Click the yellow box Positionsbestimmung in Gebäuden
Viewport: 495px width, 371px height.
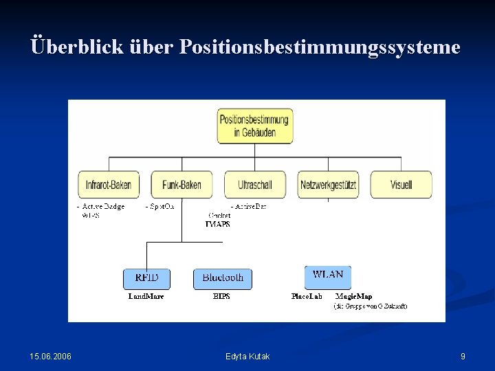[254, 126]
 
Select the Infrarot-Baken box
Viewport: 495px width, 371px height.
[109, 185]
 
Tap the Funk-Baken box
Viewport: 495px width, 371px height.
[181, 185]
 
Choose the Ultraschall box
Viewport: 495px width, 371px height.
[254, 185]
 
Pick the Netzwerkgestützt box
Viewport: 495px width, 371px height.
[328, 185]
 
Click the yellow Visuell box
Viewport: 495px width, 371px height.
[401, 185]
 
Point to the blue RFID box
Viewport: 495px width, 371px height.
[146, 278]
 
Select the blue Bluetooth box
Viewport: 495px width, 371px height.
[223, 278]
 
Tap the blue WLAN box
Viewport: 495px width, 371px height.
[328, 276]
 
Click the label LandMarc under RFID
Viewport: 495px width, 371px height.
[146, 297]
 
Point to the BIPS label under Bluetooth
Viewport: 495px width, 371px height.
[221, 297]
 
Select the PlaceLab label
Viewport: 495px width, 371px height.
[307, 297]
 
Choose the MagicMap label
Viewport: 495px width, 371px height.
[354, 297]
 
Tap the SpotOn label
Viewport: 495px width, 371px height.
[161, 206]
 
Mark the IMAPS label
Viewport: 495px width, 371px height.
[218, 224]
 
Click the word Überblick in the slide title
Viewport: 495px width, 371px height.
[67, 47]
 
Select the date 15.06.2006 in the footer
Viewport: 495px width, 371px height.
[50, 356]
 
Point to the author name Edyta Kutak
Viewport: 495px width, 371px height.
[247, 356]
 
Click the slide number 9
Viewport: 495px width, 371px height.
[463, 356]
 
